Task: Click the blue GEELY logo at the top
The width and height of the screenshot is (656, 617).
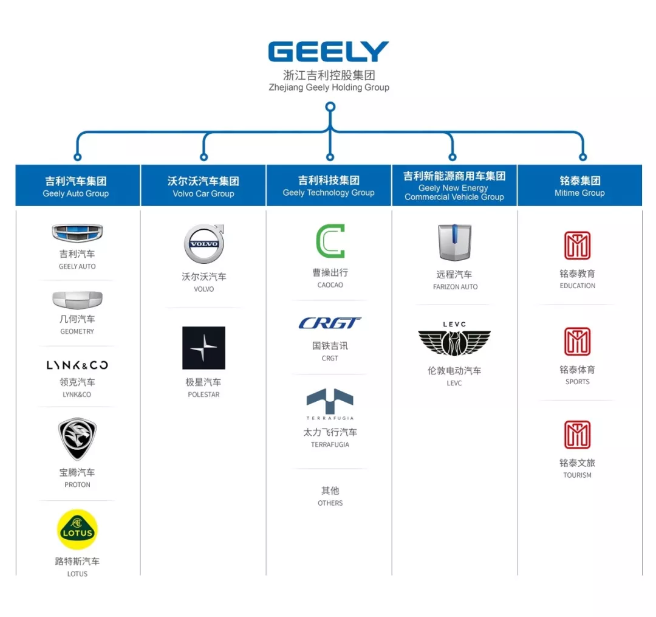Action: pyautogui.click(x=328, y=52)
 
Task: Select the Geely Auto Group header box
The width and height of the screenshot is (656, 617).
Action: pyautogui.click(x=77, y=185)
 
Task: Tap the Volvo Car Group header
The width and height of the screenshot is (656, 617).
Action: pyautogui.click(x=203, y=185)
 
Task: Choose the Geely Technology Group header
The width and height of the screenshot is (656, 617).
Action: pyautogui.click(x=329, y=185)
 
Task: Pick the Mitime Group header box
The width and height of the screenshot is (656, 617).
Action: pyautogui.click(x=579, y=185)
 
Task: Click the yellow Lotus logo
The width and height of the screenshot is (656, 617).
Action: pyautogui.click(x=77, y=529)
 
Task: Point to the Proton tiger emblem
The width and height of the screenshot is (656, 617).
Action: pyautogui.click(x=77, y=439)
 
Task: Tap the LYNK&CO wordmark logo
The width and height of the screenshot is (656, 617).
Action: pyautogui.click(x=77, y=365)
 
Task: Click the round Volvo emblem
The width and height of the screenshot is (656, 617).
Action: pyautogui.click(x=204, y=244)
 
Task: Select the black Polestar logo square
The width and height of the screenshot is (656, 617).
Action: pyautogui.click(x=203, y=348)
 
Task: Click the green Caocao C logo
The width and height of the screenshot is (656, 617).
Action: pyautogui.click(x=330, y=241)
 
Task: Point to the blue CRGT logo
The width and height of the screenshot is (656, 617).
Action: pyautogui.click(x=330, y=323)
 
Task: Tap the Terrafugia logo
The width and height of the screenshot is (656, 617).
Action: pyautogui.click(x=330, y=402)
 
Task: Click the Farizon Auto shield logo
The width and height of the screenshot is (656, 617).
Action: pyautogui.click(x=455, y=243)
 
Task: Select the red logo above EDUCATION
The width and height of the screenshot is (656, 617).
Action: pyautogui.click(x=577, y=246)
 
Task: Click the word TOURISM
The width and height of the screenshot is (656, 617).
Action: pyautogui.click(x=577, y=475)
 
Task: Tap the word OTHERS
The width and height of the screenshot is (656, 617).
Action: pyautogui.click(x=330, y=503)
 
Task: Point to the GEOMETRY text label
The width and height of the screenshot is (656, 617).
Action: pyautogui.click(x=77, y=332)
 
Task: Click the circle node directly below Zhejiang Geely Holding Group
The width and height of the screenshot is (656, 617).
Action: pyautogui.click(x=330, y=107)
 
